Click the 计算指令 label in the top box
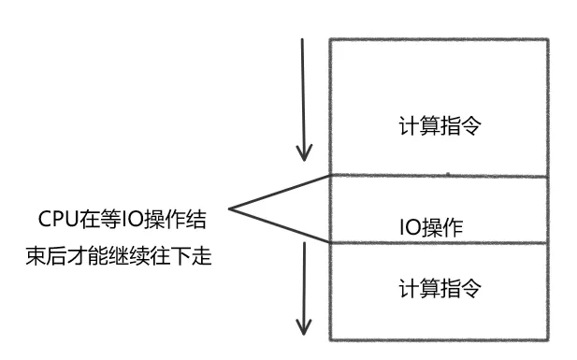[x=440, y=125]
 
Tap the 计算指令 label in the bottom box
[x=440, y=287]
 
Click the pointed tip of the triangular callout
[x=230, y=209]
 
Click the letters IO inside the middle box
[x=408, y=227]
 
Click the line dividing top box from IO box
[x=440, y=175]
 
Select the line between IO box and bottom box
[x=440, y=242]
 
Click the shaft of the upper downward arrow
[x=302, y=94]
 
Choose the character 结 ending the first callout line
[x=195, y=222]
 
